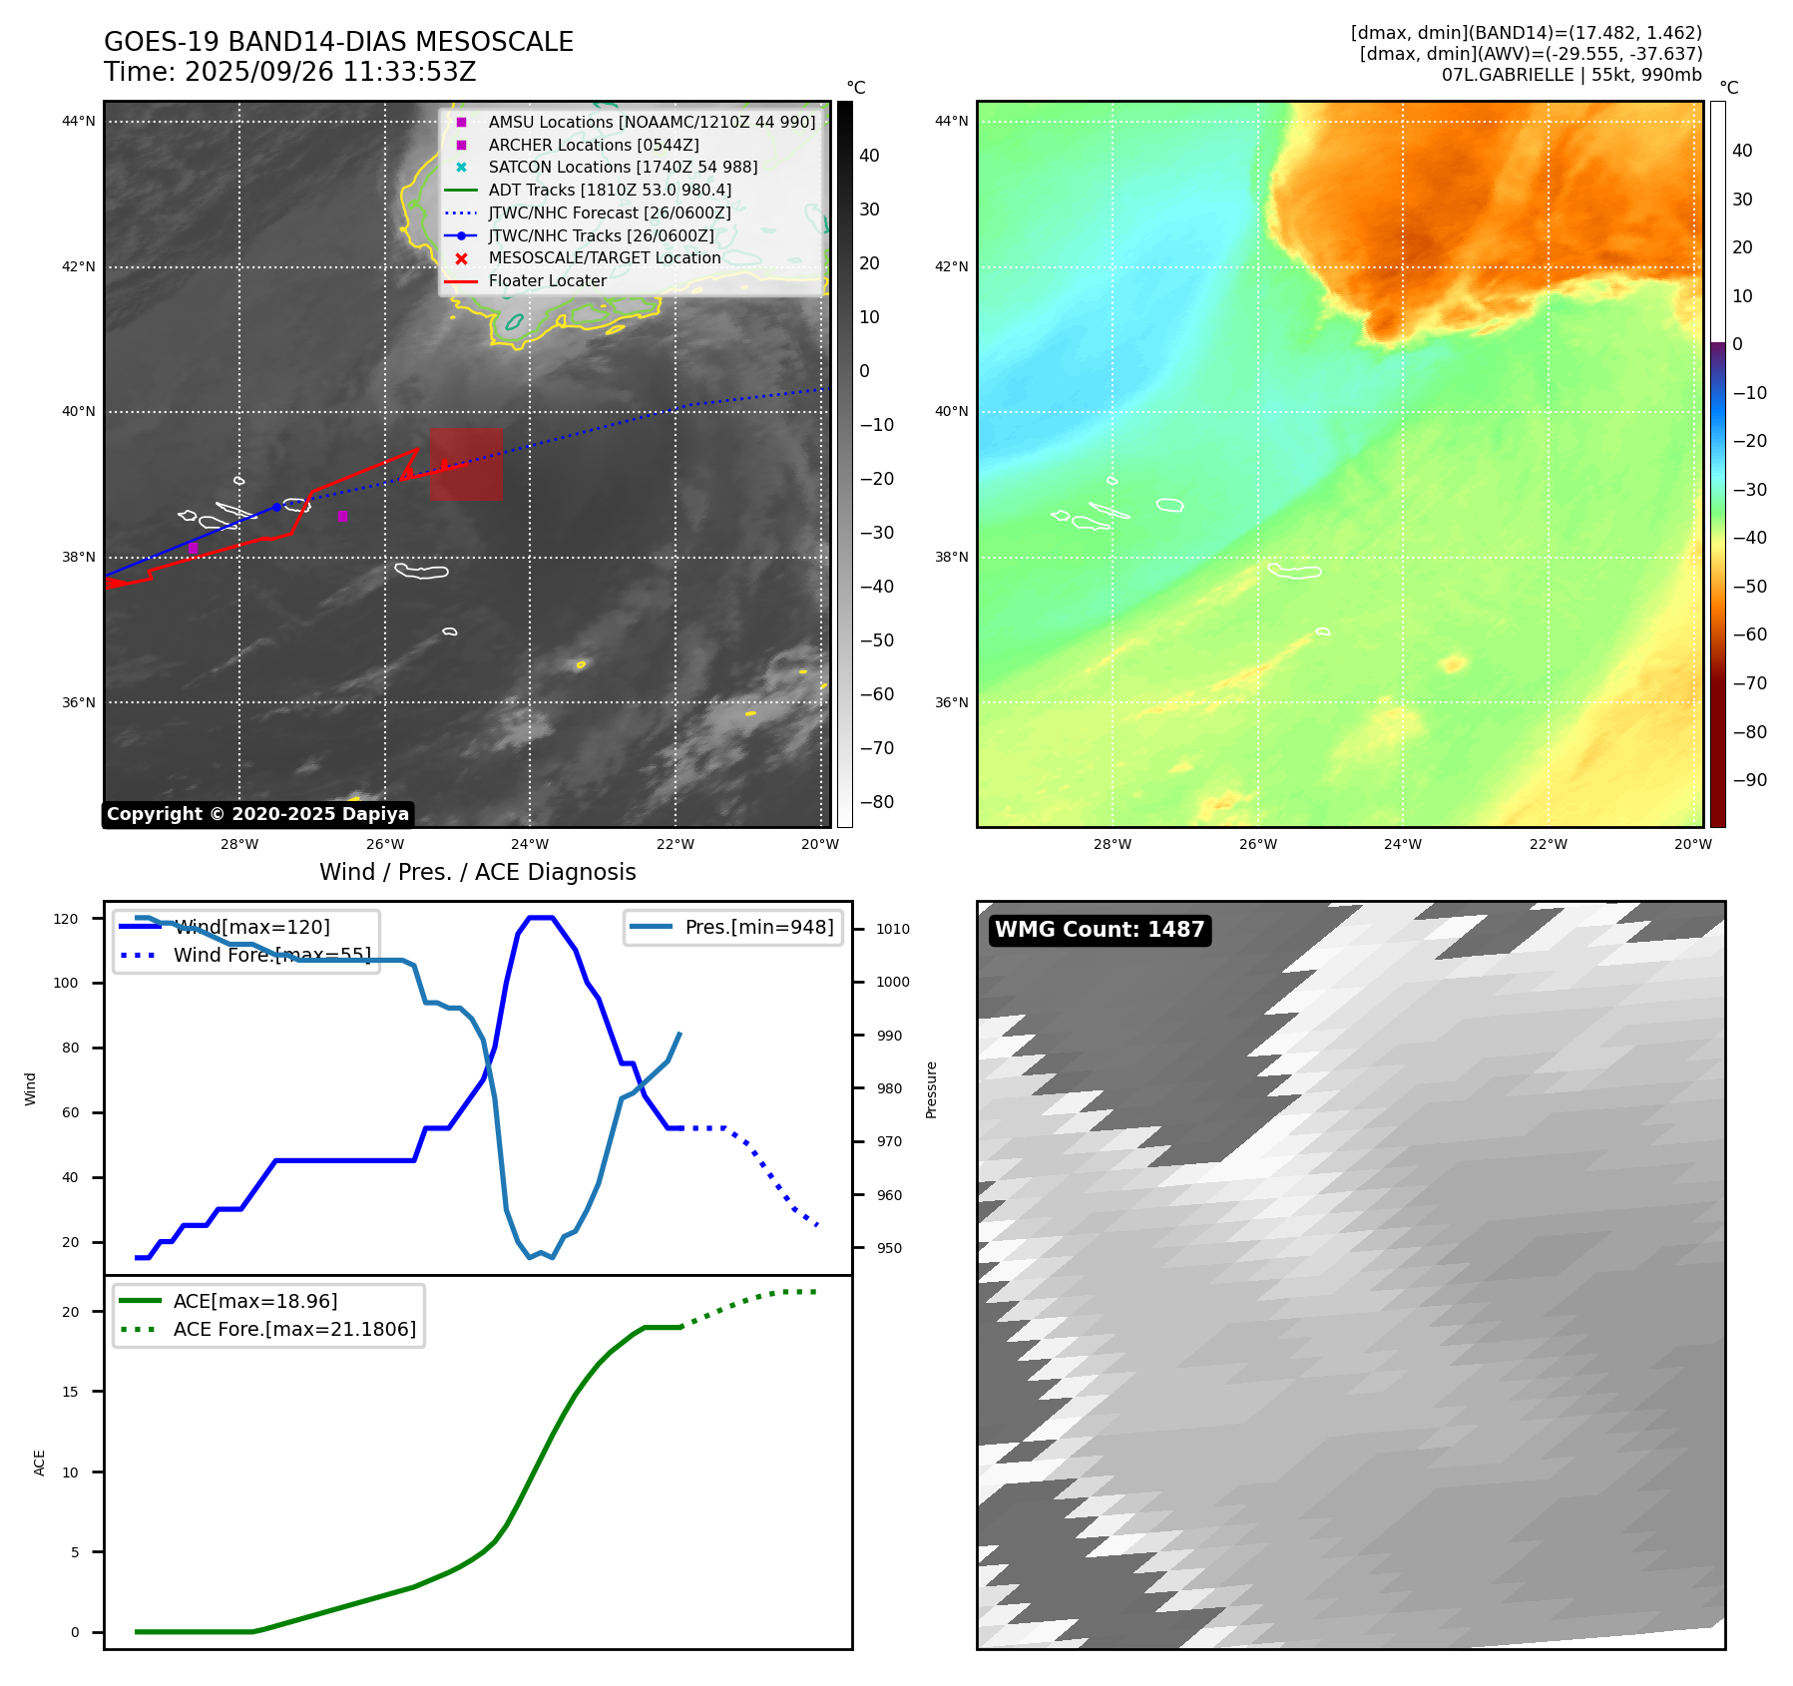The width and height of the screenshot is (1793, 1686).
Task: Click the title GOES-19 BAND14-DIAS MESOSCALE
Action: tap(338, 42)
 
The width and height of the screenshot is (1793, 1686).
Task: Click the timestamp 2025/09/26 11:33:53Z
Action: tap(330, 72)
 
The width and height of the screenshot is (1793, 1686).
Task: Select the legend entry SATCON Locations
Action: tap(623, 168)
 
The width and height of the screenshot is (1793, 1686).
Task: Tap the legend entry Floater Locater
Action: tap(547, 281)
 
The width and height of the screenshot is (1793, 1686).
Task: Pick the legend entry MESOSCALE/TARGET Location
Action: tap(604, 258)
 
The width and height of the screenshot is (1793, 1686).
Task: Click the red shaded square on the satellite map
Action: tap(466, 465)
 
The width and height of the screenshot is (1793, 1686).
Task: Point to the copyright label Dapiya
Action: tap(257, 814)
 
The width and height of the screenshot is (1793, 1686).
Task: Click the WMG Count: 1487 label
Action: tap(1099, 930)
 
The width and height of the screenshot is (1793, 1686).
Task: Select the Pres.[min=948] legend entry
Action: tap(758, 928)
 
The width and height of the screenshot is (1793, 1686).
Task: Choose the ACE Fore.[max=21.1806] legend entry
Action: tap(294, 1329)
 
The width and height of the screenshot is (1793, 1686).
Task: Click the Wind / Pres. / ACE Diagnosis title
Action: tap(477, 872)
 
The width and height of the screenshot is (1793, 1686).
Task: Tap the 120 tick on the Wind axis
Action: tap(66, 919)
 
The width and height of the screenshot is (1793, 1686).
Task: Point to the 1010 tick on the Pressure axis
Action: tap(893, 929)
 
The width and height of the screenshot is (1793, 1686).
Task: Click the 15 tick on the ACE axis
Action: tap(70, 1392)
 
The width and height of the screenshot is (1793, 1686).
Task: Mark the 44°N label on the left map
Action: tap(79, 122)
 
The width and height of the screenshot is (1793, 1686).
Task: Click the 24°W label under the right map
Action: tap(1403, 844)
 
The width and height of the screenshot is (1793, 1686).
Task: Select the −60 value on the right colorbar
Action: tap(1749, 634)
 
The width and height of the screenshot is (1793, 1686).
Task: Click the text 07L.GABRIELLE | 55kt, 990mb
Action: tap(1571, 75)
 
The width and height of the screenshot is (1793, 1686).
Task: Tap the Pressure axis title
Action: tap(931, 1089)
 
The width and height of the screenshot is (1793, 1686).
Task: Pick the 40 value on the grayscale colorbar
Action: tap(869, 156)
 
